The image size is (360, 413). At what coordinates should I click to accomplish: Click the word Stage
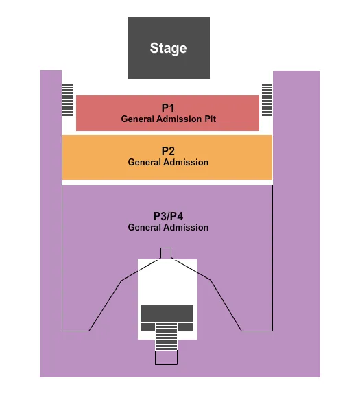point(168,48)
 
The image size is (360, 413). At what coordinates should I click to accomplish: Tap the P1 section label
point(169,108)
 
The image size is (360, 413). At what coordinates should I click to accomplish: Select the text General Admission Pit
point(169,119)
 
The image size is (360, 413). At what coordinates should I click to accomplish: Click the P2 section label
point(168,151)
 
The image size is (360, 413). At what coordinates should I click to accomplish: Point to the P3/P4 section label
point(168,215)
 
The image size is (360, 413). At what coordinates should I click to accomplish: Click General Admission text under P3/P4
point(168,227)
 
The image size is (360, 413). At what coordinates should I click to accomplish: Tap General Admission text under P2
point(168,163)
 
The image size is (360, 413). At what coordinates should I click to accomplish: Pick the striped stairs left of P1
point(67,101)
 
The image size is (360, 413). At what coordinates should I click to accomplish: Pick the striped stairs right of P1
point(267,101)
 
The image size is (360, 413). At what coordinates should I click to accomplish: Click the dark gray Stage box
point(168,31)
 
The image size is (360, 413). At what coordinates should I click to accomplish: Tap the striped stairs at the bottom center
point(167,339)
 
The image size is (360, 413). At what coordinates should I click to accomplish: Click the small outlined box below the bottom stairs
point(166,357)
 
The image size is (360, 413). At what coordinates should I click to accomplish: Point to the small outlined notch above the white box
point(166,252)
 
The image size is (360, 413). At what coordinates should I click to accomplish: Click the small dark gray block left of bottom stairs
point(147,327)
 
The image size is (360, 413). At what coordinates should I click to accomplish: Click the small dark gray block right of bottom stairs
point(186,327)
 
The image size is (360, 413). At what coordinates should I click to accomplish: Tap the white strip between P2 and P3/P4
point(167,182)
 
